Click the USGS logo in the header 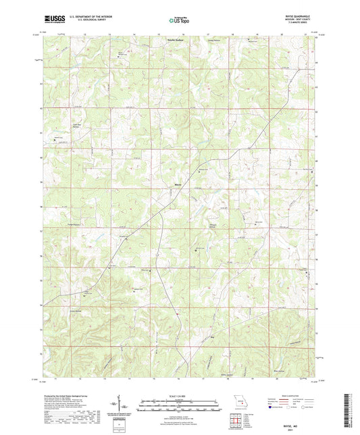(51, 19)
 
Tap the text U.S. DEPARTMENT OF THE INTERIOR (86, 16)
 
